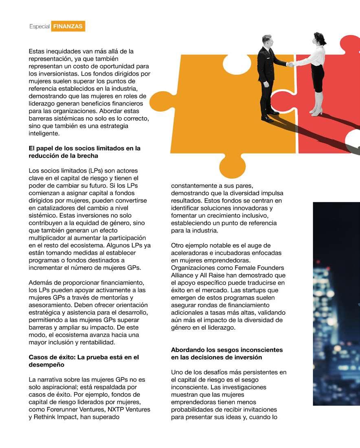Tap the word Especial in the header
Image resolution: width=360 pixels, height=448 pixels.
tap(39, 26)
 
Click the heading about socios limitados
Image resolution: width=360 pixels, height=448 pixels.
tap(84, 152)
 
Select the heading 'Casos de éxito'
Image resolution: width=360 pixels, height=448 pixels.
tap(83, 361)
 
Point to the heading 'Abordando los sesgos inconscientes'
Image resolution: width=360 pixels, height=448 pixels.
tap(227, 354)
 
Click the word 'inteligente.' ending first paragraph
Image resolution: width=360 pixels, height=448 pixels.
tap(44, 133)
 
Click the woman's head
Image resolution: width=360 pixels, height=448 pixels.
tap(317, 39)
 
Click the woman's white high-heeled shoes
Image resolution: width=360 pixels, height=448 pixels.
tap(316, 111)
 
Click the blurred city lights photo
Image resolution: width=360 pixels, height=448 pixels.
tap(336, 303)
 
